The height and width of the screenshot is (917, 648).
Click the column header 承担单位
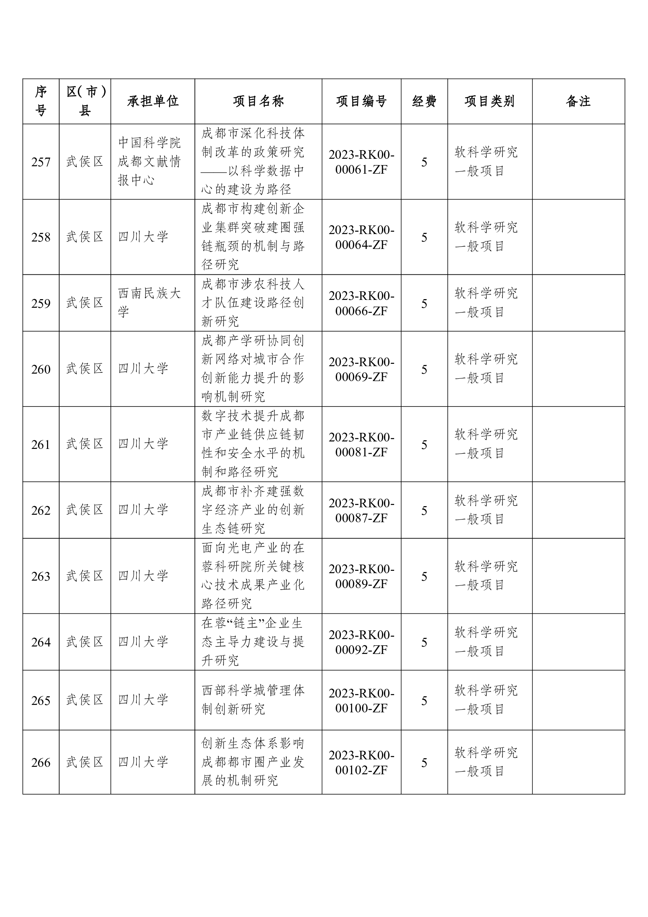153,102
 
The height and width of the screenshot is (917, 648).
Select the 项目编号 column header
361,102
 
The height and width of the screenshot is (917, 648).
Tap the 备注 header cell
578,102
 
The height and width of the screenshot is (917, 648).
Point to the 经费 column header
424,102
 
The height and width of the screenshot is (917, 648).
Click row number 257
41,162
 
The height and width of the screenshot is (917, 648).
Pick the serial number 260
41,369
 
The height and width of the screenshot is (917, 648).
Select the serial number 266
41,763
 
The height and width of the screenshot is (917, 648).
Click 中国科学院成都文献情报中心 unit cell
149,162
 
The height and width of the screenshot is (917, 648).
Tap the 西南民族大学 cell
149,303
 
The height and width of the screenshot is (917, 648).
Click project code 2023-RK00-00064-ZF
361,237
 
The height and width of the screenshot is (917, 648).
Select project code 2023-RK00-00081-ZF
361,445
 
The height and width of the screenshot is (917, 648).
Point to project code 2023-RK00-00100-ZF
361,701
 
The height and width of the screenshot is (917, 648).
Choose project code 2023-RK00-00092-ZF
361,642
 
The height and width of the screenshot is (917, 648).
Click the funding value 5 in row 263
424,576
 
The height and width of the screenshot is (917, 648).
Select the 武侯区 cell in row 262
85,510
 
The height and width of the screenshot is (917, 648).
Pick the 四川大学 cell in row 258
143,237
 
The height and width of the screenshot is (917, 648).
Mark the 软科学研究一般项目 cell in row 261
486,444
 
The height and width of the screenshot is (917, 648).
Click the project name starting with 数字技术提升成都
253,444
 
